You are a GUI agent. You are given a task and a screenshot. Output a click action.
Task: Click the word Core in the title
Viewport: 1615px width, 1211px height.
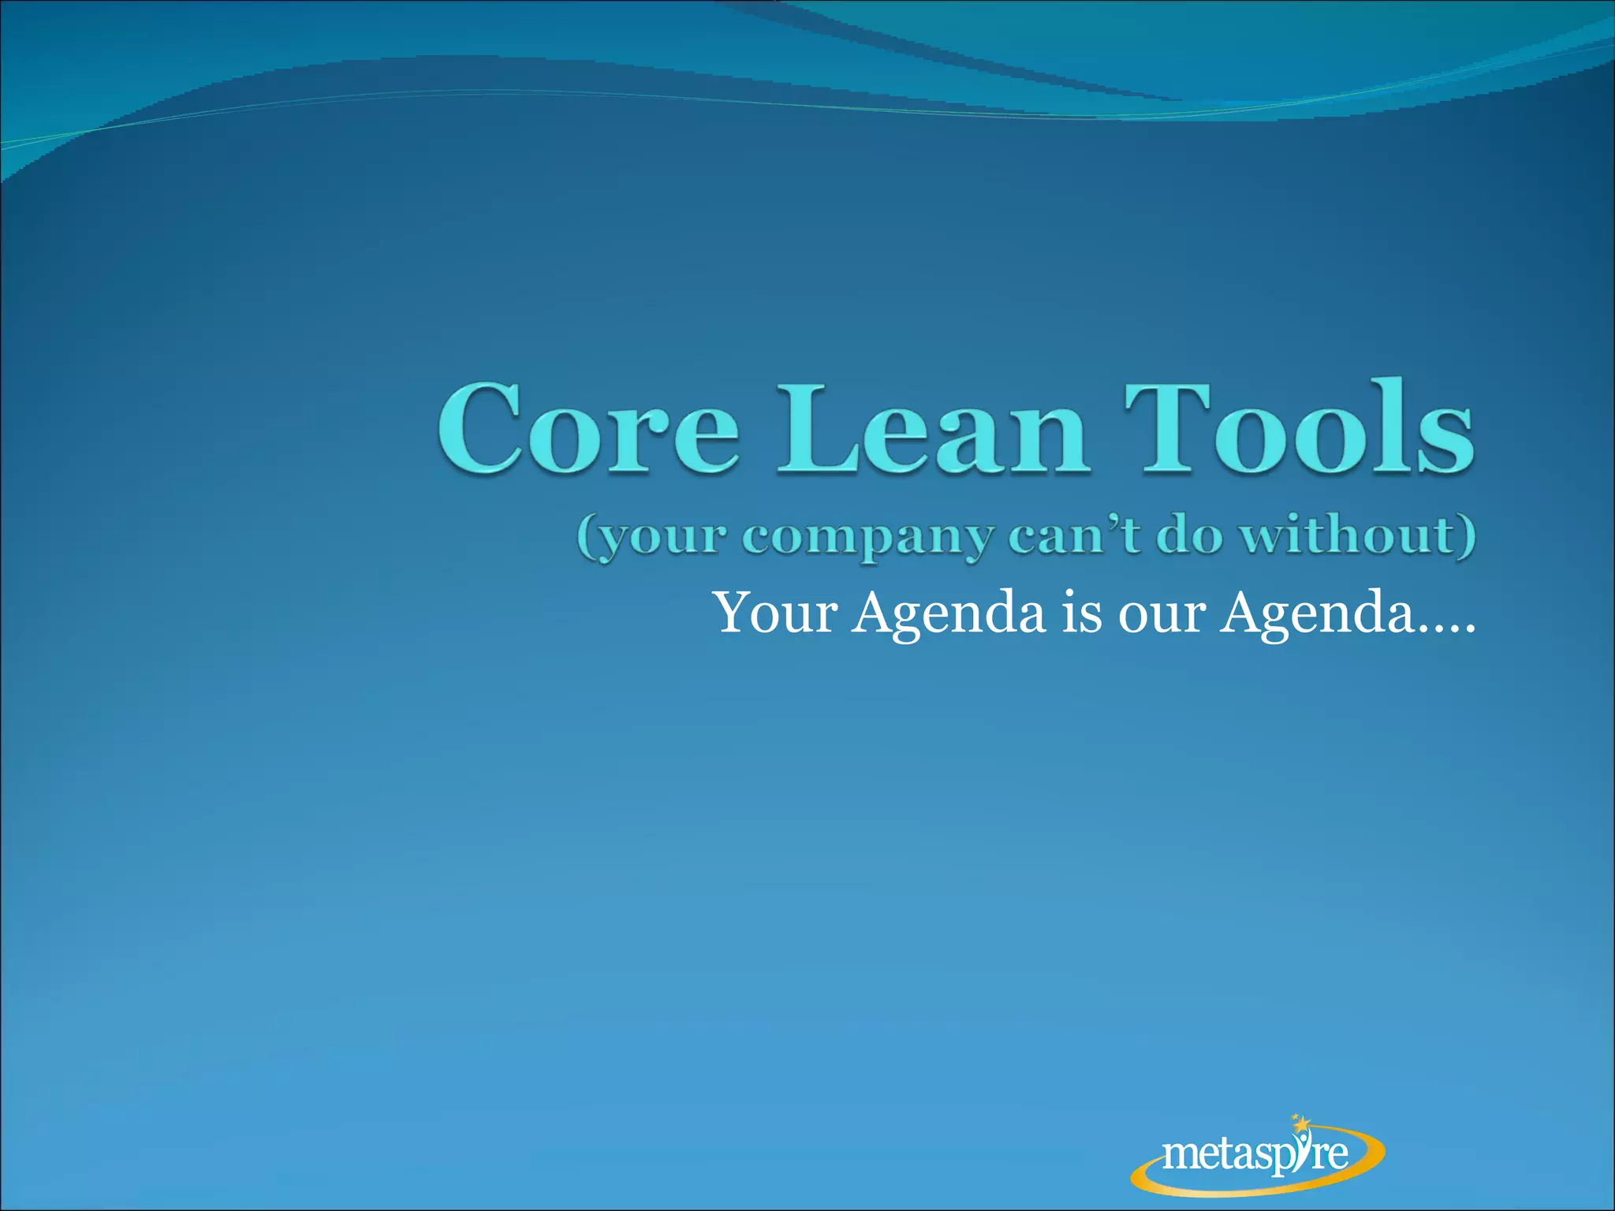click(587, 430)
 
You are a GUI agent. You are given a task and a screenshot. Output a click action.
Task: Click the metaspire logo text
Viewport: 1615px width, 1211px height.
click(1254, 1155)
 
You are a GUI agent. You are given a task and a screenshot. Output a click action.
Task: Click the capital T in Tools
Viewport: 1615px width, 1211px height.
click(1167, 430)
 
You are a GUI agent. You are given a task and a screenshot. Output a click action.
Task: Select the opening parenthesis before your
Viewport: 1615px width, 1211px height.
click(586, 538)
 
